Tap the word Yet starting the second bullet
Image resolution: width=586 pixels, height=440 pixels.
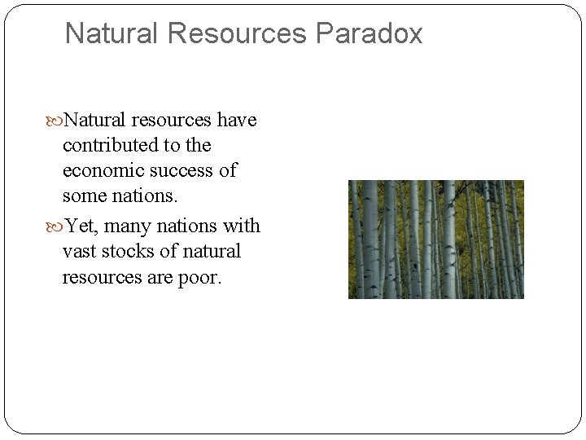[x=79, y=226]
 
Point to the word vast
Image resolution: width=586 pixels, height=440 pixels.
[x=81, y=251]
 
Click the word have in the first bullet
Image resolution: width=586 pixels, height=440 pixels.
[x=237, y=121]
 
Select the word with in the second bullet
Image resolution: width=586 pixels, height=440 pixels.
[x=241, y=226]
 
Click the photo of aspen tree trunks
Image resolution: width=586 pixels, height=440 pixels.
[x=435, y=239]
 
